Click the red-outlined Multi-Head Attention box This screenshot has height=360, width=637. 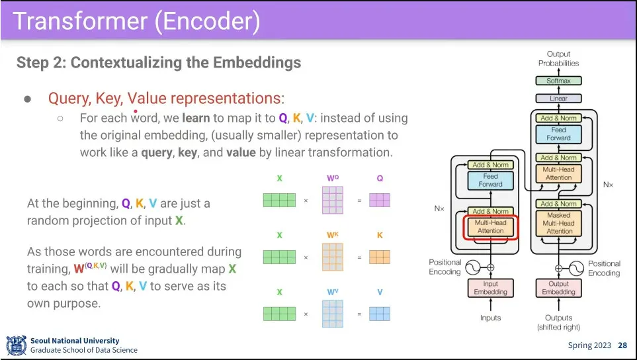point(491,227)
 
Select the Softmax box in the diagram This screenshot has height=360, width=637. point(558,81)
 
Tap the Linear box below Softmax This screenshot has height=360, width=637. point(558,99)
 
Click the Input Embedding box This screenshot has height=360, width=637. point(491,288)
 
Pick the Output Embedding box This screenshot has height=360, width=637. point(558,288)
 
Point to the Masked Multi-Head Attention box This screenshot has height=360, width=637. point(558,223)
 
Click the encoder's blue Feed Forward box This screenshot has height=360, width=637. point(491,180)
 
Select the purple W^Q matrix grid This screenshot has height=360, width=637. point(333,200)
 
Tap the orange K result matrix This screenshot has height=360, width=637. point(380,257)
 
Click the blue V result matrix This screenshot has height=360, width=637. point(380,314)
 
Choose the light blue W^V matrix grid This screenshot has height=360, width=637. point(333,314)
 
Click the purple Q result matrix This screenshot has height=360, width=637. point(380,200)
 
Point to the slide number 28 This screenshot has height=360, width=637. point(622,345)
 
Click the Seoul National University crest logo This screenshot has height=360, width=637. point(16,345)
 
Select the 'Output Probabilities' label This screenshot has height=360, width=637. point(558,59)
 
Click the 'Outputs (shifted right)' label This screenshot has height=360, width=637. point(558,322)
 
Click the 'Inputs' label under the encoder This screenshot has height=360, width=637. point(491,318)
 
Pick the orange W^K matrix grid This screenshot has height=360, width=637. point(333,257)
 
